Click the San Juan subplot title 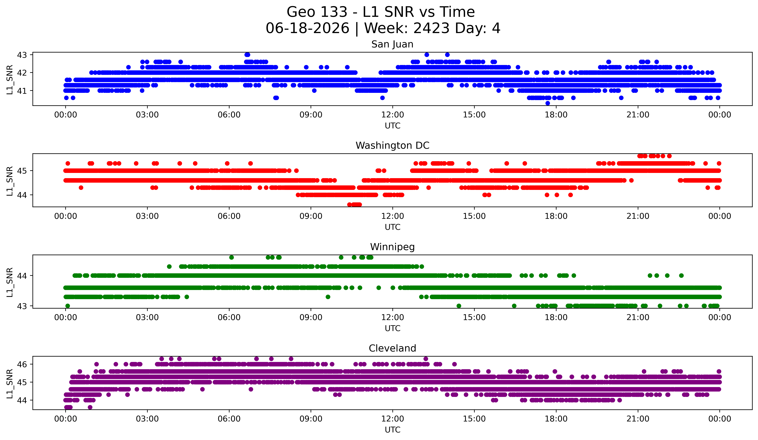[392, 44]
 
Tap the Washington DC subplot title [392, 146]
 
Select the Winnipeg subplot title [392, 247]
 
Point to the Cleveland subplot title [392, 348]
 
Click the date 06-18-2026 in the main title [307, 28]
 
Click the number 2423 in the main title [431, 28]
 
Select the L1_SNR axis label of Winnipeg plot [10, 282]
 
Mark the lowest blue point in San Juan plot [548, 103]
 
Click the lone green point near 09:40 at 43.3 [328, 297]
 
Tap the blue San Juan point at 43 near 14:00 [447, 55]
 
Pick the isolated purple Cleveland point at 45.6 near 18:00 [555, 371]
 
